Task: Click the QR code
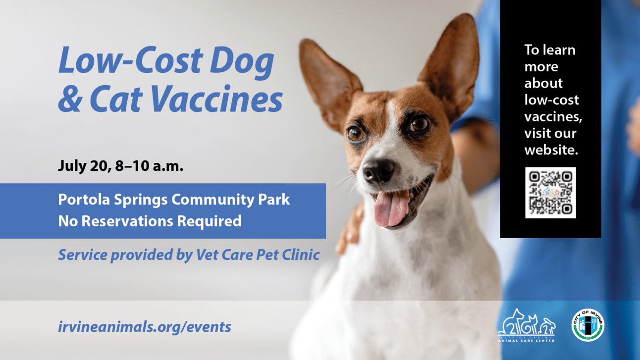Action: [x=550, y=193]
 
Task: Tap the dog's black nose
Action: [x=378, y=171]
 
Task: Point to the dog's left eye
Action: [x=419, y=123]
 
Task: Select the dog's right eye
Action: [x=355, y=134]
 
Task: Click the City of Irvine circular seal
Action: [x=587, y=325]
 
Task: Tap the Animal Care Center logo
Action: [x=526, y=325]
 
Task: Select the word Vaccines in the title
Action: [x=216, y=99]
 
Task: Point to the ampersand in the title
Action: [x=70, y=99]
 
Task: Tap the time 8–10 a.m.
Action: [x=149, y=166]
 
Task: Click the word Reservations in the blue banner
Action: [x=127, y=221]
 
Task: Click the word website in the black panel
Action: [x=551, y=150]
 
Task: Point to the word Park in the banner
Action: [x=274, y=199]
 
